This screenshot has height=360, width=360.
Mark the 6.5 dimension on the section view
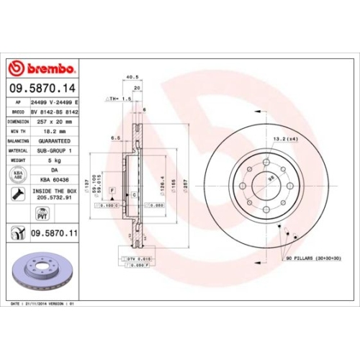pos(115,137)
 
